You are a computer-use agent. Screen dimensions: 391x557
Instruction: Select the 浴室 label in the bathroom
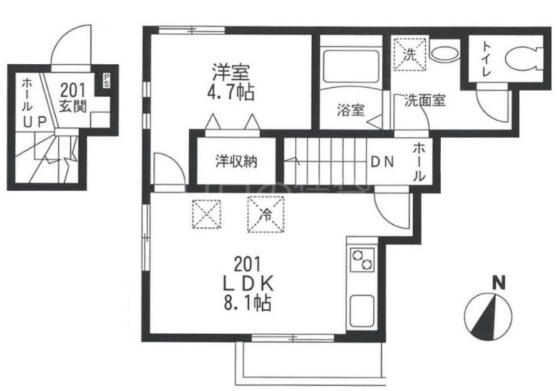click(x=350, y=109)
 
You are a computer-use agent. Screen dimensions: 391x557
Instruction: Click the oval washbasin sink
click(x=441, y=52)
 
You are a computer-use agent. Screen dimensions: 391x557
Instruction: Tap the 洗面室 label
click(x=425, y=100)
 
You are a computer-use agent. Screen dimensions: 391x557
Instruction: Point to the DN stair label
click(x=382, y=162)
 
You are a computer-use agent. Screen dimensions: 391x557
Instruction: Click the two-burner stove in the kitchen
click(x=362, y=261)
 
